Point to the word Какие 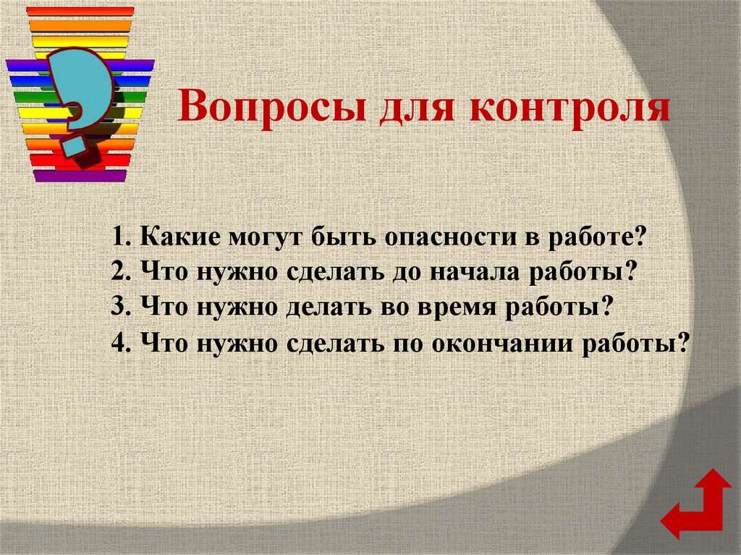point(181,237)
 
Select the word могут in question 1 point(268,237)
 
